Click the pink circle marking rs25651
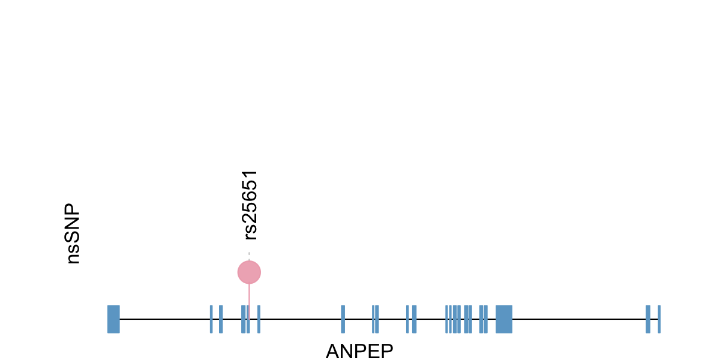tap(249, 272)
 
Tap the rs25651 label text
tap(251, 205)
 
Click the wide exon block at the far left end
tap(113, 319)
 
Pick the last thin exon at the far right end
tap(659, 319)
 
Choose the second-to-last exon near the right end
tap(648, 319)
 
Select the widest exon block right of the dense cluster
tap(504, 319)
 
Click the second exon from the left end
tap(211, 319)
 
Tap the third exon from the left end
tap(221, 319)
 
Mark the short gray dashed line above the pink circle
tap(249, 256)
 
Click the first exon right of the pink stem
tap(259, 319)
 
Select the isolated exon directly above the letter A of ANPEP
tap(343, 319)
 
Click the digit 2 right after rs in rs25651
tap(251, 221)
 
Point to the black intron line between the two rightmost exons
tap(654, 319)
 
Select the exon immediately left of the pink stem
tap(243, 319)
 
